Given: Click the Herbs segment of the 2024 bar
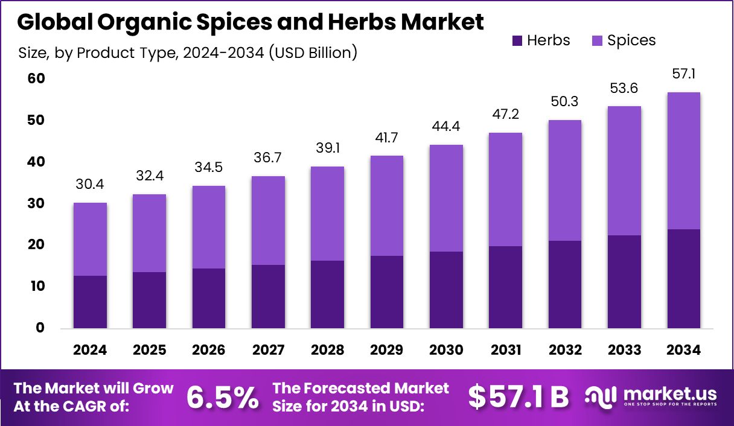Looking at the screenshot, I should pyautogui.click(x=90, y=302).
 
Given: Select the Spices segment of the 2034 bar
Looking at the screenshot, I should pyautogui.click(x=683, y=161).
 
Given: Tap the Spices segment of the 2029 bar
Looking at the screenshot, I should pyautogui.click(x=387, y=206).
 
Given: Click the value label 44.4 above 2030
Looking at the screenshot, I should pyautogui.click(x=446, y=127).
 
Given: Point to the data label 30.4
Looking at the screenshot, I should pyautogui.click(x=90, y=185).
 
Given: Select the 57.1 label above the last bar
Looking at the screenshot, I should pyautogui.click(x=683, y=75).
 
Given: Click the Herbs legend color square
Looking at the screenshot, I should pyautogui.click(x=518, y=40).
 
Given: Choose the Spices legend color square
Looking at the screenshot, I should pyautogui.click(x=598, y=40).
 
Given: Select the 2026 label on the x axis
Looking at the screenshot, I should pyautogui.click(x=209, y=351).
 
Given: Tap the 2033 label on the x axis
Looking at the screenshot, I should pyautogui.click(x=624, y=351).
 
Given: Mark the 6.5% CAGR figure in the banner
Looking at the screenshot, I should pyautogui.click(x=223, y=397).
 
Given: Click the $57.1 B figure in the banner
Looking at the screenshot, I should pyautogui.click(x=519, y=397).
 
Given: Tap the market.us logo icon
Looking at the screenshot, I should pyautogui.click(x=601, y=396).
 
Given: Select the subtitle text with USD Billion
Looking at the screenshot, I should pyautogui.click(x=188, y=53).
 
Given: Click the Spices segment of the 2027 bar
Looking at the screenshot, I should pyautogui.click(x=268, y=220).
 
